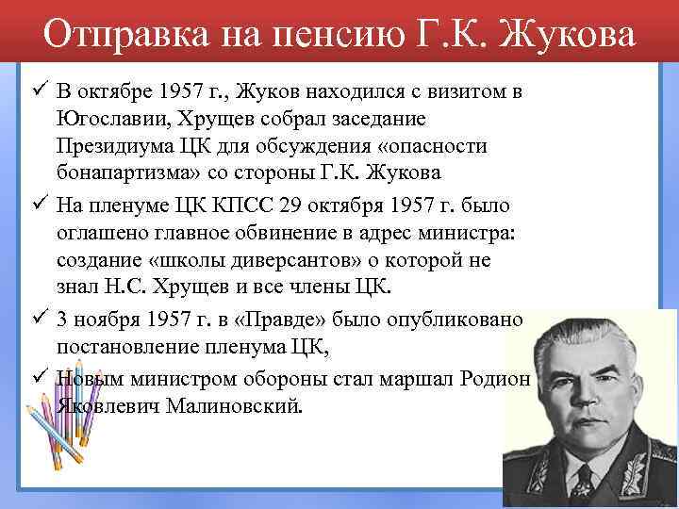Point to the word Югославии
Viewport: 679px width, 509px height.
tap(114, 119)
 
